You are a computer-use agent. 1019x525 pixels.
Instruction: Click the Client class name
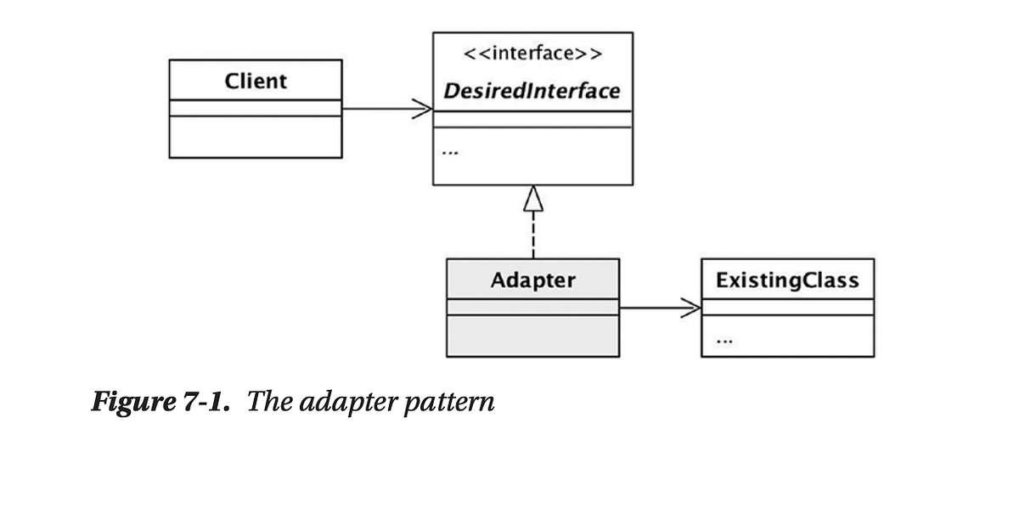(256, 82)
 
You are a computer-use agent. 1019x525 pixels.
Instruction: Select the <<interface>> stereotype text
(532, 55)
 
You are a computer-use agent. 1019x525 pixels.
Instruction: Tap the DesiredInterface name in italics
(532, 91)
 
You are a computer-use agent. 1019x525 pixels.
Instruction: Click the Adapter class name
(532, 280)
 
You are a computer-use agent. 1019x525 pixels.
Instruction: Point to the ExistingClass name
(786, 280)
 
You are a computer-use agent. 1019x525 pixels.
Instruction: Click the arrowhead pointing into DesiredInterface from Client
(423, 109)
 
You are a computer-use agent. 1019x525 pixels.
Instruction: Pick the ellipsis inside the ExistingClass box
(723, 342)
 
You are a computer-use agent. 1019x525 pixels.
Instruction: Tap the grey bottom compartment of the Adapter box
(532, 336)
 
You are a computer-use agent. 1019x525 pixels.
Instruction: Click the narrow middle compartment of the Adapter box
(532, 307)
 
